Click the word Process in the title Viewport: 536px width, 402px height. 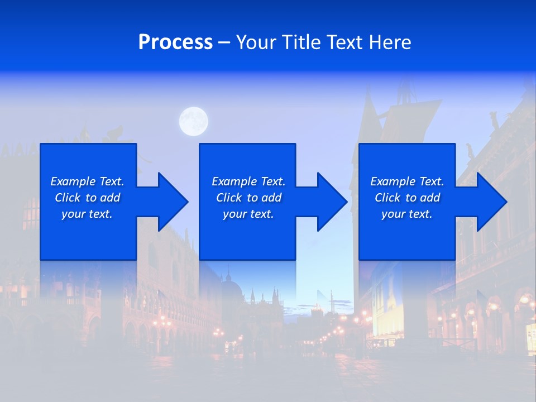tap(175, 42)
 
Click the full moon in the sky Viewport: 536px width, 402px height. tap(194, 121)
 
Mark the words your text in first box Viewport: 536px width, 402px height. tap(87, 214)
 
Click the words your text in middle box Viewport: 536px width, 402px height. tap(248, 214)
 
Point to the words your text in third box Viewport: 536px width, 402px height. tap(407, 214)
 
